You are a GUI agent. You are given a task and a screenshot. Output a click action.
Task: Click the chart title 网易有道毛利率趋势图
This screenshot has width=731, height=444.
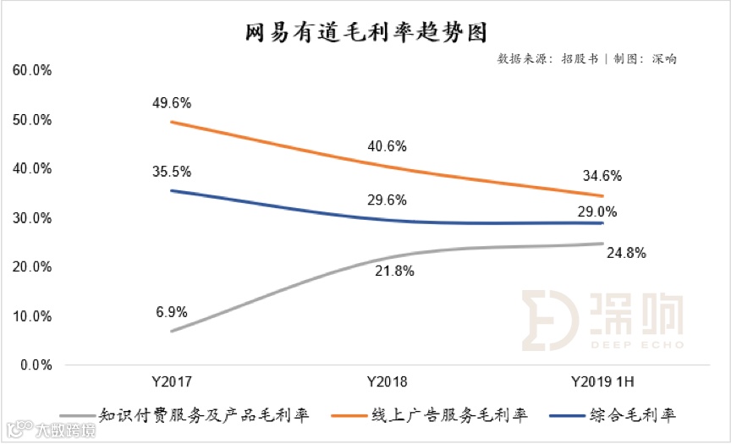click(366, 32)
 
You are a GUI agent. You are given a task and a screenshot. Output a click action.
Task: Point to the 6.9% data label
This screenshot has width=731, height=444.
click(171, 311)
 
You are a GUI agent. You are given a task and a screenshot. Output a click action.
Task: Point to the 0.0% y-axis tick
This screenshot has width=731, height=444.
click(36, 365)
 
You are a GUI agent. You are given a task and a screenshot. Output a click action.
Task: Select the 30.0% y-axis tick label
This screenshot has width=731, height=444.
click(33, 218)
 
